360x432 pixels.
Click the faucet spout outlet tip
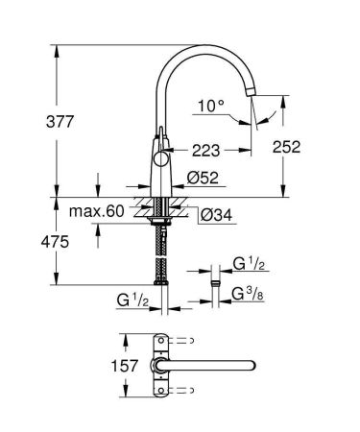253,91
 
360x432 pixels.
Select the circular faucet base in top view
158,366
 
